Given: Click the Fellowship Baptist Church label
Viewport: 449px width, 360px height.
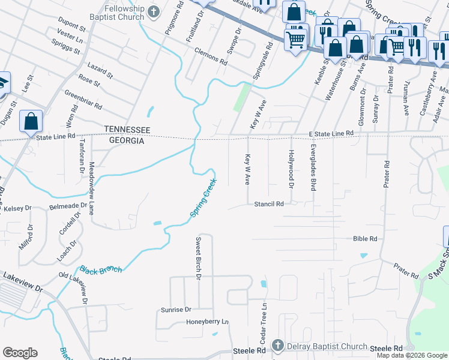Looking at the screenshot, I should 124,13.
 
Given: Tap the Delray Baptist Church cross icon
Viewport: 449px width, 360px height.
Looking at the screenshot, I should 277,346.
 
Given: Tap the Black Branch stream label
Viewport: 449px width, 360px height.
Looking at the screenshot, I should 101,270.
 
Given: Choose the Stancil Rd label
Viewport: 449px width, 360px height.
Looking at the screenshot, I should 268,204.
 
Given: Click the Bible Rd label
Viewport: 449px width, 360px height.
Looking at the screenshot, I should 365,239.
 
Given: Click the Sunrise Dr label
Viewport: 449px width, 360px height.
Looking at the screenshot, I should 175,310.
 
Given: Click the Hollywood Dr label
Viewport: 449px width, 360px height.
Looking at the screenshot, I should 291,168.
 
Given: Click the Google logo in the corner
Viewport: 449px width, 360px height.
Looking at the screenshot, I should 20,353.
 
